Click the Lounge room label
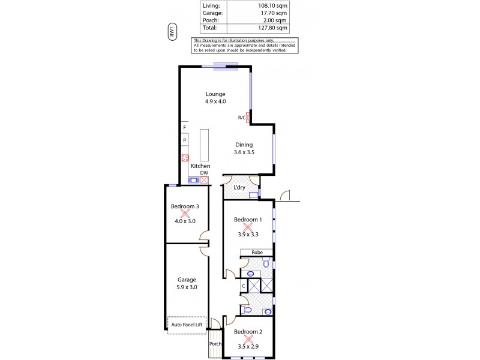[x=215, y=94]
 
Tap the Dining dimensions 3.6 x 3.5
[x=244, y=152]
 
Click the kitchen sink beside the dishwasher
[x=194, y=179]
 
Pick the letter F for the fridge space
[x=185, y=128]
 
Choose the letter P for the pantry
[x=185, y=140]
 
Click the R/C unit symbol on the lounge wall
[x=248, y=118]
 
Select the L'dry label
[x=239, y=188]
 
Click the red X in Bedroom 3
[x=185, y=212]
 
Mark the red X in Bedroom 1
[x=248, y=227]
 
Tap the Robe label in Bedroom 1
[x=257, y=253]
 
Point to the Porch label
[x=215, y=344]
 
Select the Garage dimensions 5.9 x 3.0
[x=186, y=287]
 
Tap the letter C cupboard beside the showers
[x=244, y=286]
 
